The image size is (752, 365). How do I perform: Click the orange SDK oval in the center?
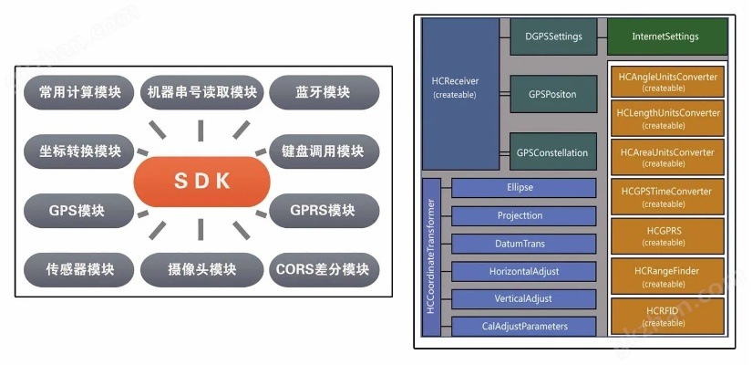pos(201,182)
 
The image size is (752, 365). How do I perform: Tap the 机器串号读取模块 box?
pos(201,92)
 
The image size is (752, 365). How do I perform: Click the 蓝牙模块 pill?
pos(324,92)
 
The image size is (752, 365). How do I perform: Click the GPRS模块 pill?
pos(324,211)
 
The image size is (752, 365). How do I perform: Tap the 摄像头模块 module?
pos(201,270)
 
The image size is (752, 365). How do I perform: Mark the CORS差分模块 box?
pos(324,270)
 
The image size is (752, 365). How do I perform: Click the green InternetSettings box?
pos(665,36)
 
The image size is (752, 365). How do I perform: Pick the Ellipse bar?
pos(523,188)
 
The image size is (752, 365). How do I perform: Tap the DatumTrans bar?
pos(523,244)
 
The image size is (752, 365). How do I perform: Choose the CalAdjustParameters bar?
pos(523,326)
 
